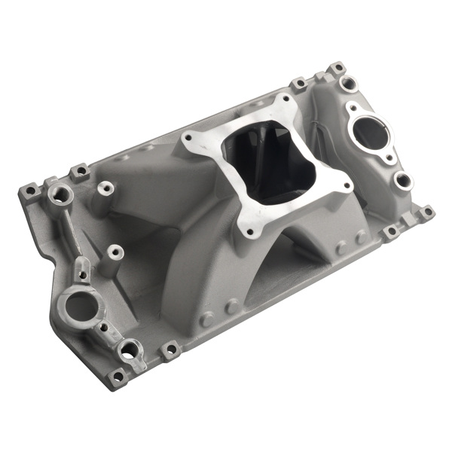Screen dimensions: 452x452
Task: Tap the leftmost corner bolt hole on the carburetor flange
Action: coord(191,139)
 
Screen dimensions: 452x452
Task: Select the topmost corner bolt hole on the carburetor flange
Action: coord(286,100)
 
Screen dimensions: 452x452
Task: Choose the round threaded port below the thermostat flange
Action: coord(404,181)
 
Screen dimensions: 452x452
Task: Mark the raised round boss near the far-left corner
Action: coord(60,195)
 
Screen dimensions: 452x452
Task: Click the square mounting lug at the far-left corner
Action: coord(30,191)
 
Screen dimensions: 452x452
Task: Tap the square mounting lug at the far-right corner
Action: coord(426,212)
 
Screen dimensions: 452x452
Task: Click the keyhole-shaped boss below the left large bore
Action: coord(130,349)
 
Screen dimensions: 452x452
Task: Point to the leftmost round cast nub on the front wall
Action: coord(206,319)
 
